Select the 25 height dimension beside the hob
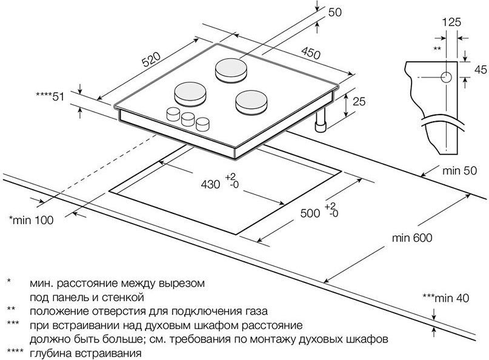[359, 102]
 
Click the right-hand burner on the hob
[250, 101]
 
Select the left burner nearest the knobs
[190, 94]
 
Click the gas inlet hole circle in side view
[445, 77]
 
